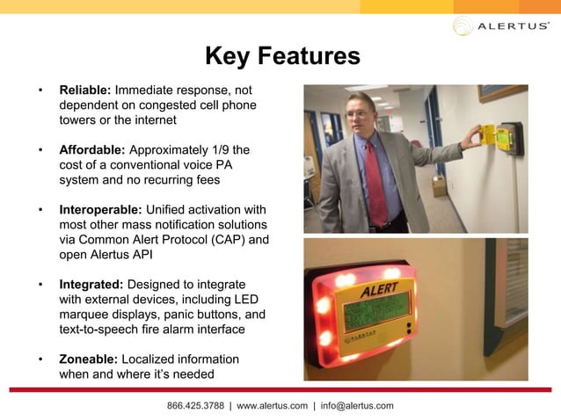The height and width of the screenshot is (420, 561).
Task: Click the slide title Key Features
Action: pos(282,57)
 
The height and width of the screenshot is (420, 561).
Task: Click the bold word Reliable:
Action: pos(84,90)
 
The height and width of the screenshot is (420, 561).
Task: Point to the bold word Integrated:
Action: pos(91,285)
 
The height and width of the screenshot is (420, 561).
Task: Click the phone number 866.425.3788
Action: pos(195,405)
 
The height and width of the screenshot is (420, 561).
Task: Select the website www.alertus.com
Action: pos(272,405)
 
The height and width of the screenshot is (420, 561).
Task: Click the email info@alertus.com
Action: pos(357,405)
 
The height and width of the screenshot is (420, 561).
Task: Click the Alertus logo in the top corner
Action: pos(501,26)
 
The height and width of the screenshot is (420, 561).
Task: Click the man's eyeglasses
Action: pos(358,114)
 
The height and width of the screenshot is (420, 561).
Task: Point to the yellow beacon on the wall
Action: pos(498,135)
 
